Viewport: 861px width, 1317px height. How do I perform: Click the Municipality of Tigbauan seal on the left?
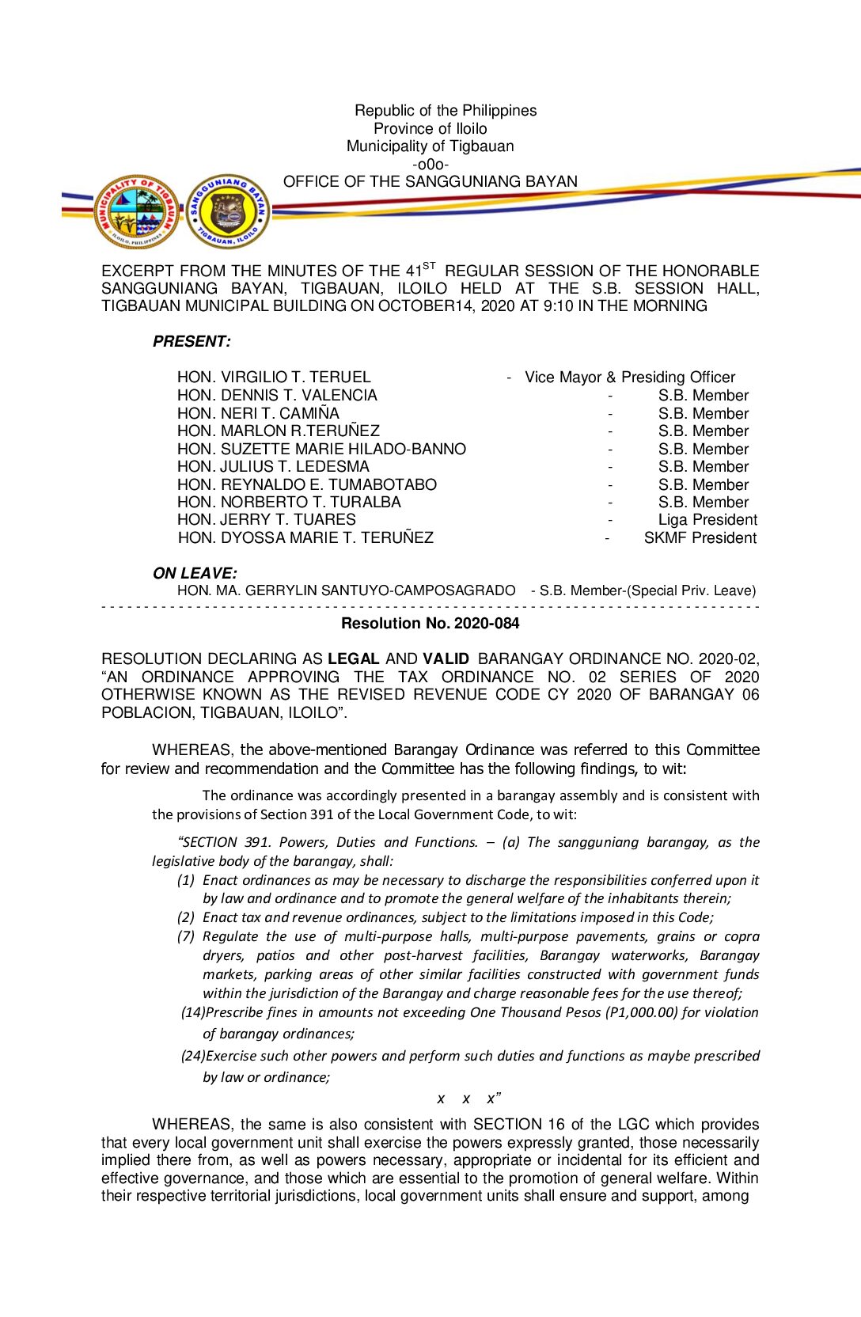137,212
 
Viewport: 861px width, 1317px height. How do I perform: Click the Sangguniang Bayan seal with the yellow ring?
229,212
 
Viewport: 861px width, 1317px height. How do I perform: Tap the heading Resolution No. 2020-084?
430,624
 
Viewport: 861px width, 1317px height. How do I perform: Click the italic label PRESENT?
192,342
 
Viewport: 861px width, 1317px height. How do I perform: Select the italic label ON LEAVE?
195,573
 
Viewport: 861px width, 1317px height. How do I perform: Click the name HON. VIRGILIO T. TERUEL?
274,378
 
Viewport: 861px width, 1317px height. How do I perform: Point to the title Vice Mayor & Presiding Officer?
630,378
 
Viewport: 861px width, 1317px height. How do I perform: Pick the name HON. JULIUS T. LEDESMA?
273,467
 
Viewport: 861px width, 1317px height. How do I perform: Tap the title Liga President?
707,520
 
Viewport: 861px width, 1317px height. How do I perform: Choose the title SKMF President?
700,538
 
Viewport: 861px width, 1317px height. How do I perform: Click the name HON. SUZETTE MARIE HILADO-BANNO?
321,449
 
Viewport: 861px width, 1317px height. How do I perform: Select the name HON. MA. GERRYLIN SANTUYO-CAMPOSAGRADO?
346,590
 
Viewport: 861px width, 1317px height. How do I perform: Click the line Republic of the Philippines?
446,111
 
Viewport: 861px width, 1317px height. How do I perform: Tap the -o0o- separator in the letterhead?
430,165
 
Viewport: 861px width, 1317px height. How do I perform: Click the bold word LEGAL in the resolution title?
354,659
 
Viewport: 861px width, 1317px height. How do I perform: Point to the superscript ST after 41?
429,266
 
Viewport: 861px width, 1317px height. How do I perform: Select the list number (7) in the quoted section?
186,937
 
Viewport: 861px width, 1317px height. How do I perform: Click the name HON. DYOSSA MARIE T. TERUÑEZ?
305,538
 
